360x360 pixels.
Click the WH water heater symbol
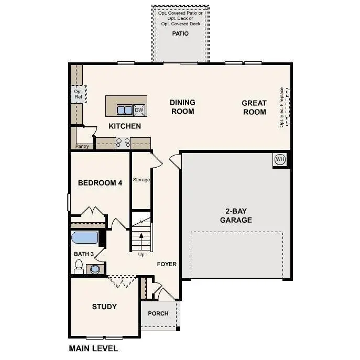(x=280, y=159)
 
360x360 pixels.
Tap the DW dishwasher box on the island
(x=139, y=110)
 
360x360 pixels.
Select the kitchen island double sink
(x=124, y=110)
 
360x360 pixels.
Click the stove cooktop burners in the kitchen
(x=123, y=142)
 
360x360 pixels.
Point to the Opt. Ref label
(x=79, y=94)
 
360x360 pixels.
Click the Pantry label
(x=82, y=146)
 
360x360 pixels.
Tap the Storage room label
(x=141, y=180)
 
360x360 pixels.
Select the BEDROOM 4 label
(x=100, y=183)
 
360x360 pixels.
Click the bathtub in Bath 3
(x=85, y=238)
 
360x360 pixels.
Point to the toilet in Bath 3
(x=79, y=268)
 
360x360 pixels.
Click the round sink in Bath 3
(x=94, y=269)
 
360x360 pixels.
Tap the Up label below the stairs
(x=141, y=255)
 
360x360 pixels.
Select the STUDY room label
(x=104, y=307)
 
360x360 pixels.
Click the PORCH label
(x=158, y=313)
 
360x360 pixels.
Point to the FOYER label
(x=167, y=264)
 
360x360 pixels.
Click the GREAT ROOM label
(x=254, y=107)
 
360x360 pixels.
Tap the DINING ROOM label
(x=182, y=107)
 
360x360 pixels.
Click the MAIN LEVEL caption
(x=93, y=348)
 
